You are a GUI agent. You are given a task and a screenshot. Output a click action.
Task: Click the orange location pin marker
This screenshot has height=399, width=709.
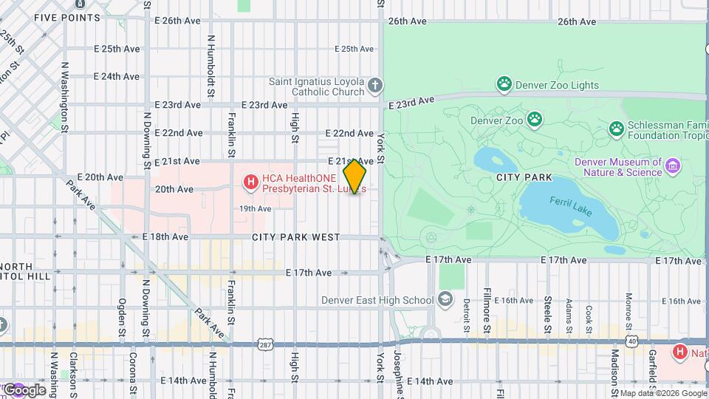coord(354,176)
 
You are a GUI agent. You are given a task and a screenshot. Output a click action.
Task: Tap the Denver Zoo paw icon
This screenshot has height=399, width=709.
coord(534,119)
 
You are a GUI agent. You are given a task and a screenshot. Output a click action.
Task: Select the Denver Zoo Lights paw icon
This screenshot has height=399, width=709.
coord(504,83)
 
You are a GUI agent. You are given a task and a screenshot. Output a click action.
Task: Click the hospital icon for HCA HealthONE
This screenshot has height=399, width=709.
coord(251,180)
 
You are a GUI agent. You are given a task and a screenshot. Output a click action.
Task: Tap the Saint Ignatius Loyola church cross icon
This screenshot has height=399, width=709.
coord(375,85)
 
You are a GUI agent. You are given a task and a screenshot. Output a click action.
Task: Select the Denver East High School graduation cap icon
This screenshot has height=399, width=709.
coord(445,299)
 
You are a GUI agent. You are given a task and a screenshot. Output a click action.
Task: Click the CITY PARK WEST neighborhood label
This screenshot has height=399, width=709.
coord(295,237)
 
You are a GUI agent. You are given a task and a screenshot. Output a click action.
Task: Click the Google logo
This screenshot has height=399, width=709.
coord(24,390)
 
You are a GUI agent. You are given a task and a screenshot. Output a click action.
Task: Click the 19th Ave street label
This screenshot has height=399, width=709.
coord(255,208)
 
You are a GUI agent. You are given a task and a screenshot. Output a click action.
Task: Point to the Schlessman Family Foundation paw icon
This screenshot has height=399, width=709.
coord(616,129)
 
